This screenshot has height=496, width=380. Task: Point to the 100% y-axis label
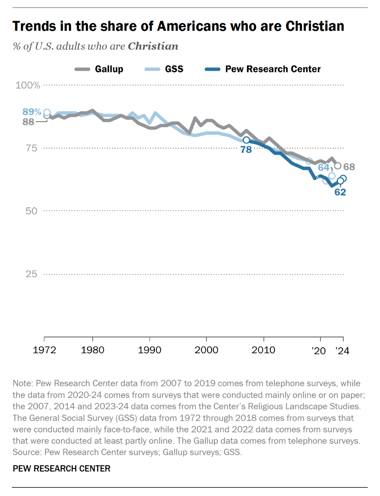click(x=28, y=85)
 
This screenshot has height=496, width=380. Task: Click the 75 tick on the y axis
click(x=33, y=148)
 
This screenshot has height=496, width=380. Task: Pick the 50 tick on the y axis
click(x=33, y=211)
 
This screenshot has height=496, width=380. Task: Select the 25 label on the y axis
click(x=33, y=274)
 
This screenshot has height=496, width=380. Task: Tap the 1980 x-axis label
click(x=92, y=351)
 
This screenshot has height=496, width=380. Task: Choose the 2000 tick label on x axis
click(x=206, y=351)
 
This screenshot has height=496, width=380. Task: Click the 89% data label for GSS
click(x=32, y=112)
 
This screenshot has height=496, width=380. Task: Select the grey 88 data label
click(x=28, y=122)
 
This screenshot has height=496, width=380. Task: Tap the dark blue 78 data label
click(x=246, y=149)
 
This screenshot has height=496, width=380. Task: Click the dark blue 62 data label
click(x=340, y=192)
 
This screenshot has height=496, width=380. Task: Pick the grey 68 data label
click(x=349, y=167)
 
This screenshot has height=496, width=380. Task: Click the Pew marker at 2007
click(x=246, y=140)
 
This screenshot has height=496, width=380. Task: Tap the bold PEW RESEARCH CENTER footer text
click(x=61, y=468)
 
